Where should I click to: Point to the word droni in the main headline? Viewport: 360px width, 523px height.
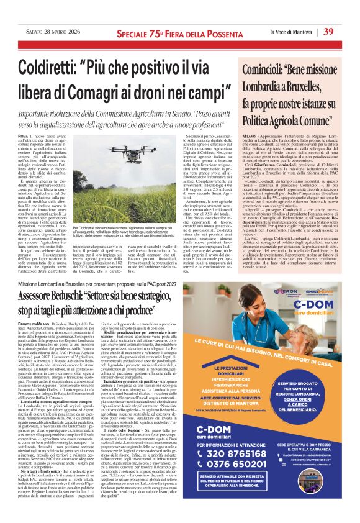(155, 89)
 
